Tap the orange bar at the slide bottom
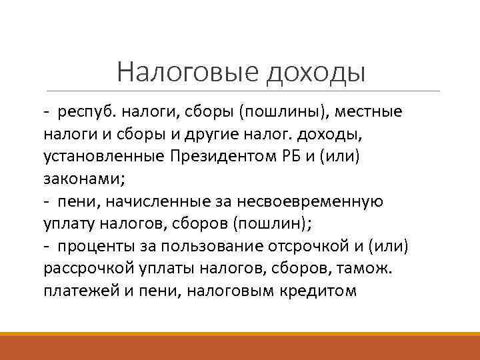pyautogui.click(x=240, y=346)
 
